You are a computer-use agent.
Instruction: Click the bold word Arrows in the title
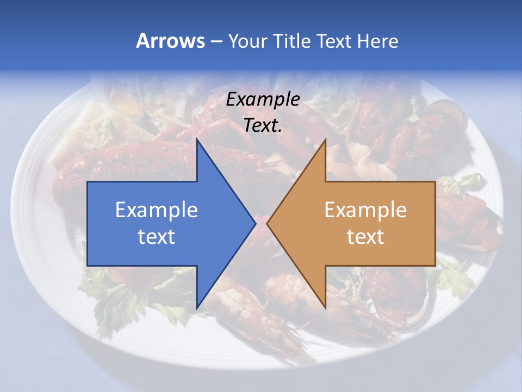coord(170,41)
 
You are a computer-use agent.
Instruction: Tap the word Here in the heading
coord(377,41)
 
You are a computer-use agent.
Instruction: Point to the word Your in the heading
coord(246,41)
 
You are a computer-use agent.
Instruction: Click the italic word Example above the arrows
coord(263,99)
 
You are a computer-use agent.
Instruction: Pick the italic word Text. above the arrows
coord(263,125)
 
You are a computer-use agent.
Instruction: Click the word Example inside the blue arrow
coord(157,210)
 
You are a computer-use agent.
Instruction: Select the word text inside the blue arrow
coord(157,236)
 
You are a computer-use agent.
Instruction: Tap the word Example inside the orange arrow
coord(365,210)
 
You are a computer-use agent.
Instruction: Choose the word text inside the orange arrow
coord(365,236)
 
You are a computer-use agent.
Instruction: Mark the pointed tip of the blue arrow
coord(256,223)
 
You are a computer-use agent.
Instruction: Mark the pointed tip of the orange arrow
coord(267,223)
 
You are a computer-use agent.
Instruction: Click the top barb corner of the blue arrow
coord(197,139)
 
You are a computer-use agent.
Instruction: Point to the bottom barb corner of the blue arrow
coord(197,308)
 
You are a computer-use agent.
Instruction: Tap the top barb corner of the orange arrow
coord(326,139)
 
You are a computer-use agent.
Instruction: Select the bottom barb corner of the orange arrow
coord(326,308)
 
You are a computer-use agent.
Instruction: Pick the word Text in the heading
coord(334,41)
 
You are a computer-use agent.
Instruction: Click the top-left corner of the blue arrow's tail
coord(88,182)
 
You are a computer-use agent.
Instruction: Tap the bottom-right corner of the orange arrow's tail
coord(435,266)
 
